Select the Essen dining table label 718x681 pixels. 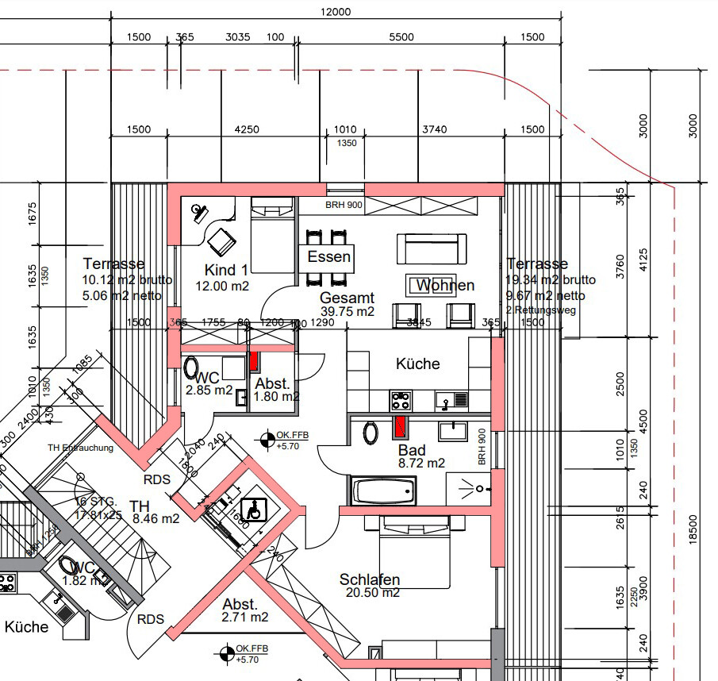[x=329, y=257]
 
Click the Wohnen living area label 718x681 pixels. [x=445, y=285]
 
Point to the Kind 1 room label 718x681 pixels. [x=226, y=270]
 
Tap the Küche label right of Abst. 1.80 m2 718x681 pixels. [x=417, y=364]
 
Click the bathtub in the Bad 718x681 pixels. [x=382, y=489]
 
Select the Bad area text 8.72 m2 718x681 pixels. [x=421, y=463]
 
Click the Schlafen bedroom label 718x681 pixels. [x=369, y=579]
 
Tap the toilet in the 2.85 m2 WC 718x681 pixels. [x=192, y=367]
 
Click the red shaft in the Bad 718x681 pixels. [x=401, y=427]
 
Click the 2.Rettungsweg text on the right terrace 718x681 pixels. [x=540, y=310]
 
